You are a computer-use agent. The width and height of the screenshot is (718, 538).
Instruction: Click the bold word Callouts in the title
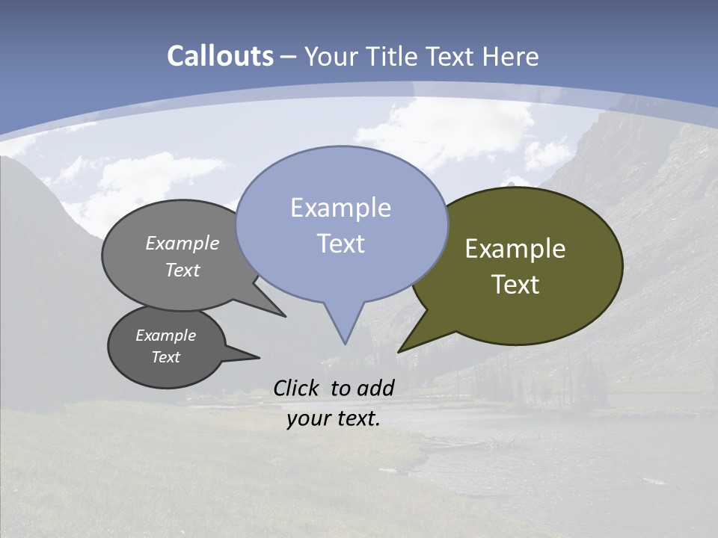tap(220, 56)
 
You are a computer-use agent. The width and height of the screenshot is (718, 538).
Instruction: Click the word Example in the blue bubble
tap(340, 208)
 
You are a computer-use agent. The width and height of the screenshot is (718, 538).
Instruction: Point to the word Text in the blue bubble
tap(340, 244)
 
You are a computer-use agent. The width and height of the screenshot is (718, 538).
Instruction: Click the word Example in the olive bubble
tap(515, 249)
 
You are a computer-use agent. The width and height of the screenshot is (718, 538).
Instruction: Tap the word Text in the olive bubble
tap(515, 285)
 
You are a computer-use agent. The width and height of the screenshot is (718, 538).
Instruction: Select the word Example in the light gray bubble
tap(182, 243)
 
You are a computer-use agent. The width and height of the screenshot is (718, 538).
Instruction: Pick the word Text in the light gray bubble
tap(182, 270)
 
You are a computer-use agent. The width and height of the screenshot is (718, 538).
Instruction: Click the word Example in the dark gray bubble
tap(166, 336)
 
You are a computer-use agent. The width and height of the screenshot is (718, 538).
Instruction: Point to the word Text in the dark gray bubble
tap(166, 357)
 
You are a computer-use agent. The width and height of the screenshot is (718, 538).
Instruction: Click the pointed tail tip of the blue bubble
tap(345, 343)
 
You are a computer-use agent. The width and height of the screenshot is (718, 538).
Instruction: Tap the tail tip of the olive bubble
tap(399, 351)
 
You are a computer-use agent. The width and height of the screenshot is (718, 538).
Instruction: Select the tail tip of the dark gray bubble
tap(259, 357)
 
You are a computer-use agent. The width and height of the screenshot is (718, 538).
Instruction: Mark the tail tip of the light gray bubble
tap(285, 316)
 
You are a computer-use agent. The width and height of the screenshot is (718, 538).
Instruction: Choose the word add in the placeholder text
tap(375, 388)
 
